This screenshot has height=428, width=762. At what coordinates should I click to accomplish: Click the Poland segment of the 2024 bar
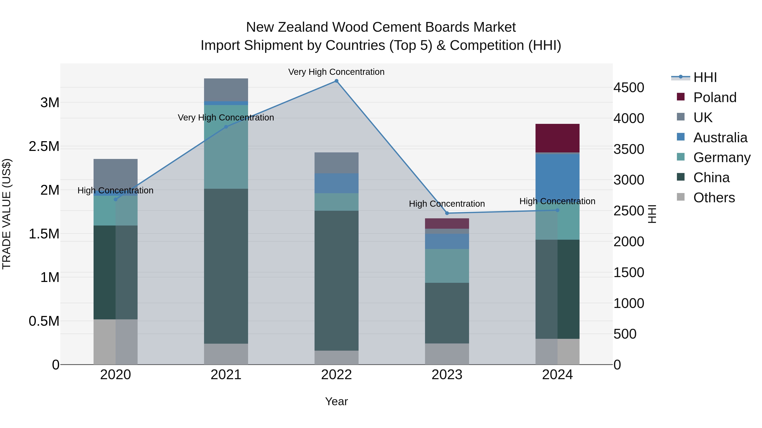click(x=557, y=138)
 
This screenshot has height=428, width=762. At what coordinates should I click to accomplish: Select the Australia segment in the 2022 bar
click(x=336, y=183)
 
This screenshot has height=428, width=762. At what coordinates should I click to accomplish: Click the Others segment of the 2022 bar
click(x=336, y=357)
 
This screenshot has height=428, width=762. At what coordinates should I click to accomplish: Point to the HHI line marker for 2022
click(x=336, y=81)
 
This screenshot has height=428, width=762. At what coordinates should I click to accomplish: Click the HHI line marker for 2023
click(x=447, y=213)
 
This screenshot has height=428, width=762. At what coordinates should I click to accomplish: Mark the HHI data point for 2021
click(x=226, y=127)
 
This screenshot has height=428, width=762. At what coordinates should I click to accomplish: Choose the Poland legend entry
click(x=714, y=97)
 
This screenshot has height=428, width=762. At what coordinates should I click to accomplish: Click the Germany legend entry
click(x=722, y=157)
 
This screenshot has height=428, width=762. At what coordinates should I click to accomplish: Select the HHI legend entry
click(x=705, y=77)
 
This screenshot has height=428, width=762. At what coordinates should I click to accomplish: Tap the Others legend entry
click(x=714, y=198)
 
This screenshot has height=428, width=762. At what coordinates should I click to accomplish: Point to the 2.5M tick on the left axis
click(x=44, y=146)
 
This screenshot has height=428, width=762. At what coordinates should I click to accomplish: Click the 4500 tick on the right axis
click(x=629, y=88)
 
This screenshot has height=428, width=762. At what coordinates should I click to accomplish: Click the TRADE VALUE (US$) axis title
click(x=7, y=214)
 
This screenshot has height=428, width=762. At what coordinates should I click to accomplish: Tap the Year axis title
click(x=336, y=401)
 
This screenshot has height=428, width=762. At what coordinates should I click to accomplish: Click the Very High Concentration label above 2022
click(x=336, y=72)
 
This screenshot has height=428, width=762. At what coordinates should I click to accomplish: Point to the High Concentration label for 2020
click(x=115, y=190)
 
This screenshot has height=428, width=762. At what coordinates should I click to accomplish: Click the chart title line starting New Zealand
click(x=381, y=27)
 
